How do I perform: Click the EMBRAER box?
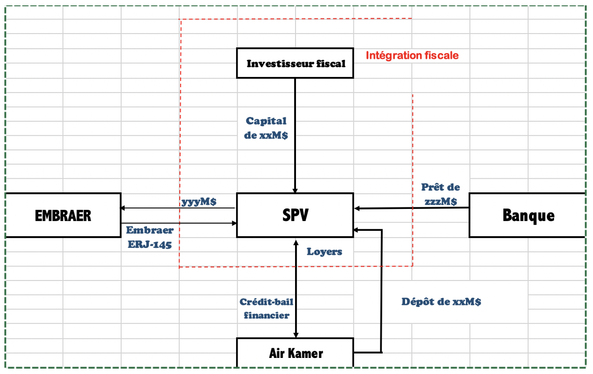point(63,215)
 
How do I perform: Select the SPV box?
point(295,215)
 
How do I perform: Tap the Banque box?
point(528,215)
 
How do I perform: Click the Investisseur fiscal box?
point(295,63)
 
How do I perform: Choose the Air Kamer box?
point(295,353)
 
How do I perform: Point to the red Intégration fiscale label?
point(412,56)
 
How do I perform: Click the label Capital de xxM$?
point(266,128)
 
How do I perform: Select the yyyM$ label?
point(199,202)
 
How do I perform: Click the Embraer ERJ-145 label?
point(149,237)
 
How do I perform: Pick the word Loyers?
point(324,252)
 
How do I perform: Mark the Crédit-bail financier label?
point(266,308)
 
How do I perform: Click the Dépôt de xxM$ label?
point(441,302)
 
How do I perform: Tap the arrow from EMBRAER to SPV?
point(204,223)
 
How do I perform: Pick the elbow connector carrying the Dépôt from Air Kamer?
point(381,292)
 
